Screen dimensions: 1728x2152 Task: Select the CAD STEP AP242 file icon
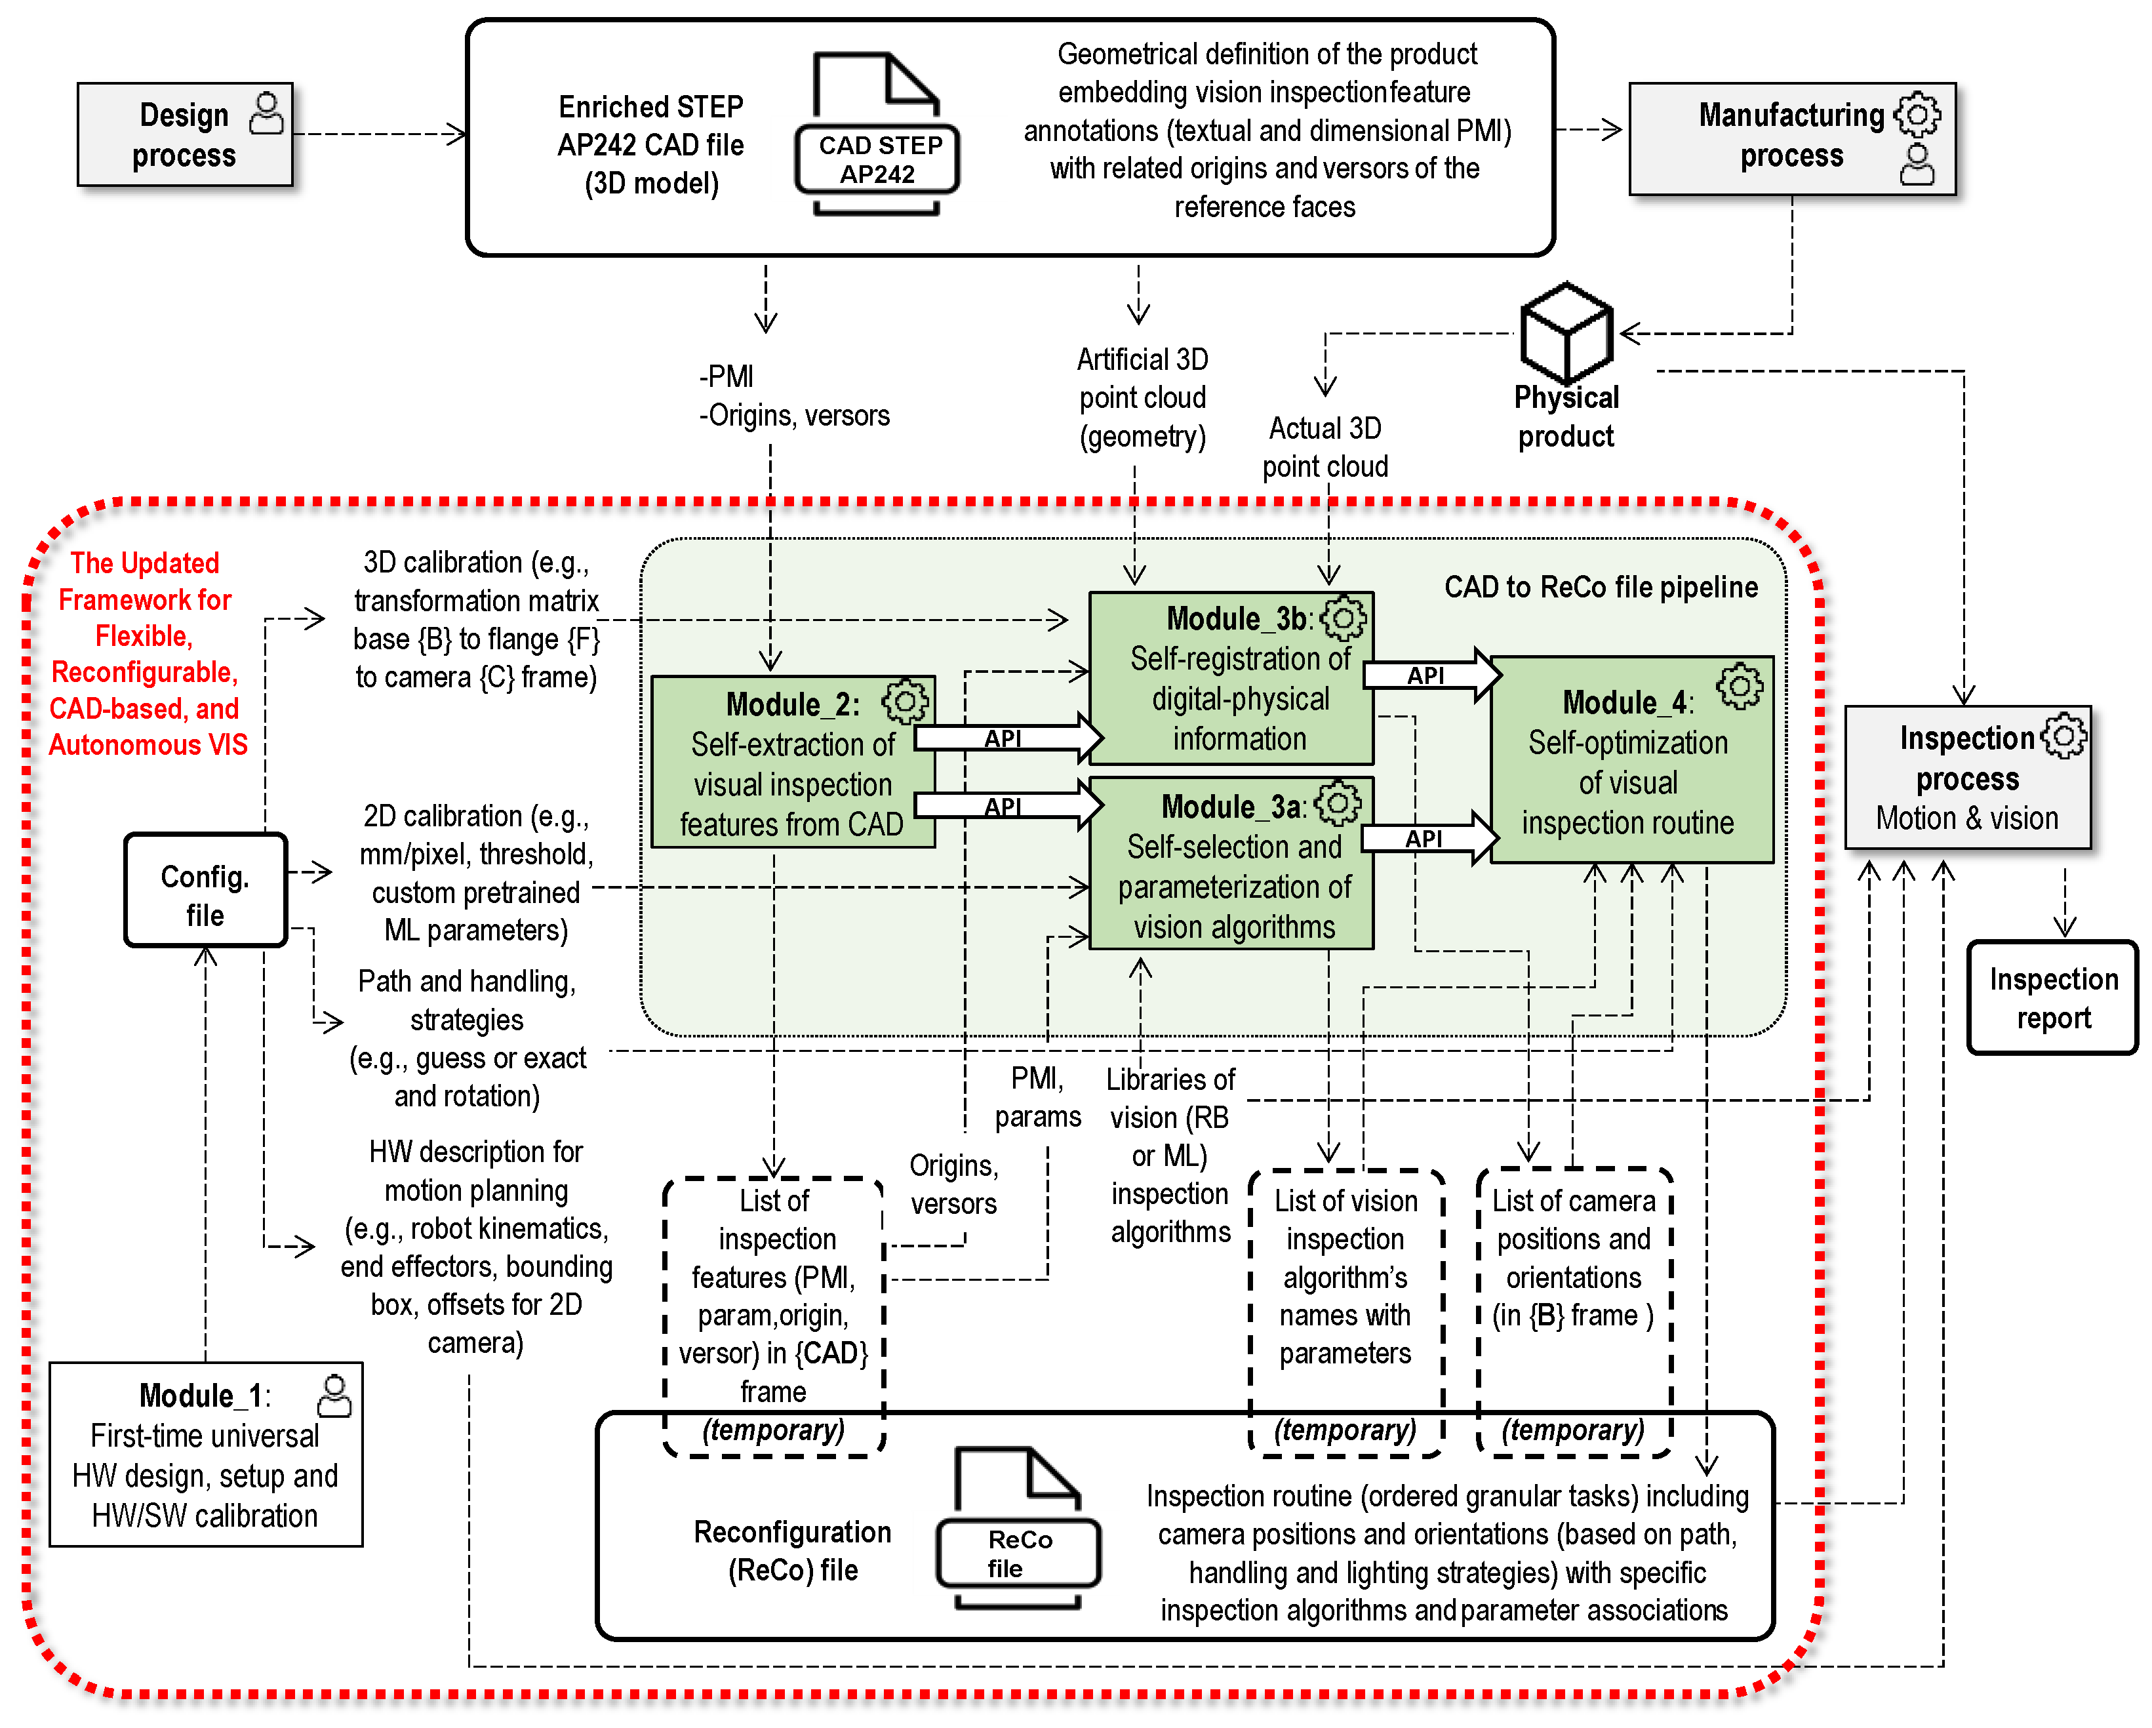click(x=877, y=135)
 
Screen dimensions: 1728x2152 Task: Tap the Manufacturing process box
click(x=1791, y=138)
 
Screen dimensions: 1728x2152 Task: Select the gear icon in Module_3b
click(x=1344, y=619)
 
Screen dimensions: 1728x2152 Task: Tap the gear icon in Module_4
click(x=1740, y=686)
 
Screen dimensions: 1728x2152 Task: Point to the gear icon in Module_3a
click(x=1338, y=803)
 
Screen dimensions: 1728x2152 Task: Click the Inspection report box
click(x=2052, y=997)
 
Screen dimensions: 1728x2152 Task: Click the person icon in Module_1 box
click(x=334, y=1396)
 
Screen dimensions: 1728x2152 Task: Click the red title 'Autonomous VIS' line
click(x=148, y=745)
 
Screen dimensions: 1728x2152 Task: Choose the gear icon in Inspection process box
click(x=2063, y=736)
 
